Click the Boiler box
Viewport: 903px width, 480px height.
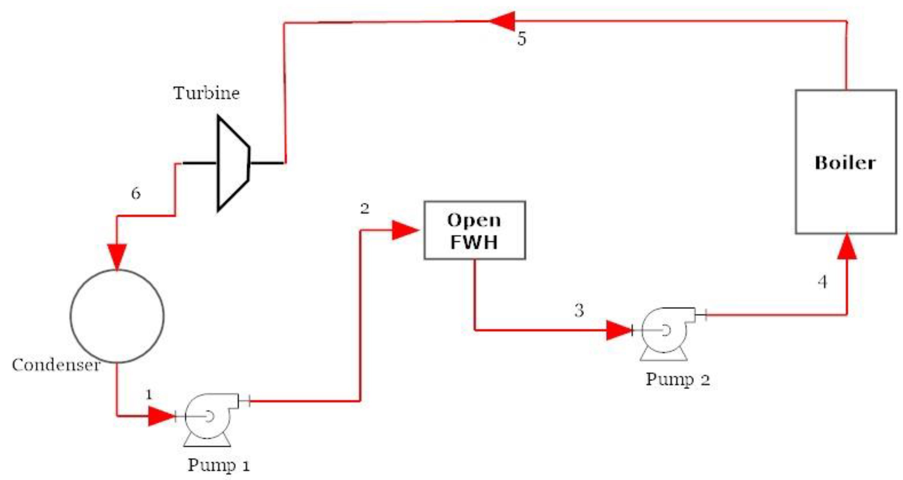(846, 162)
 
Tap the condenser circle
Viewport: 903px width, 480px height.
(117, 316)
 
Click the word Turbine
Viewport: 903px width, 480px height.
(206, 93)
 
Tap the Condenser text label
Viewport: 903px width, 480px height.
(56, 365)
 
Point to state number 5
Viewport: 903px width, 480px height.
(522, 39)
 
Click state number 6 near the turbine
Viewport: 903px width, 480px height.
(136, 193)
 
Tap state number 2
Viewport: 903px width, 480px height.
(365, 209)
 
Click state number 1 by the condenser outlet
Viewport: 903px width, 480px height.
(149, 394)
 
